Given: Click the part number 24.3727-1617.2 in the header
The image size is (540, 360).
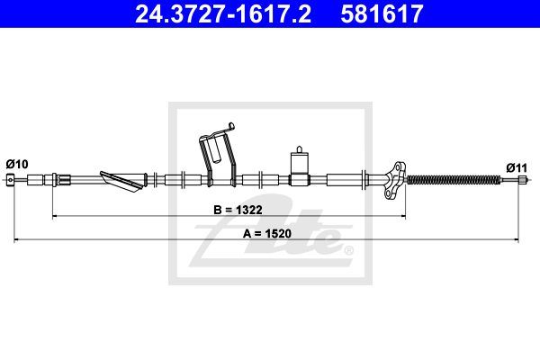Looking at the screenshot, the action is [x=223, y=13].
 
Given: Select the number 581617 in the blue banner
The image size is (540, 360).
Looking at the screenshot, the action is [x=382, y=13].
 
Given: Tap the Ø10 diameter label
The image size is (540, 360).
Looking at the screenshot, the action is [x=17, y=164].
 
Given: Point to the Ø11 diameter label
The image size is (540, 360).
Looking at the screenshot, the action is [x=517, y=168].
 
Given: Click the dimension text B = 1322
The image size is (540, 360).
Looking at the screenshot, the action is [x=238, y=210].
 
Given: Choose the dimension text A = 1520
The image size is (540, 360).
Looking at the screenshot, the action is [x=267, y=233].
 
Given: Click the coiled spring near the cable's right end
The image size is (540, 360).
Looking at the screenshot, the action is [x=454, y=179].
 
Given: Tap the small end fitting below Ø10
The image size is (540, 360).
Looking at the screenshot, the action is [x=11, y=179].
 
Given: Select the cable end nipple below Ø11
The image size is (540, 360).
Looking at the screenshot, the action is [x=522, y=179].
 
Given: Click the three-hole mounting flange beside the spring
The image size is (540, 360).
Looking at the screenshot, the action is [x=395, y=179].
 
